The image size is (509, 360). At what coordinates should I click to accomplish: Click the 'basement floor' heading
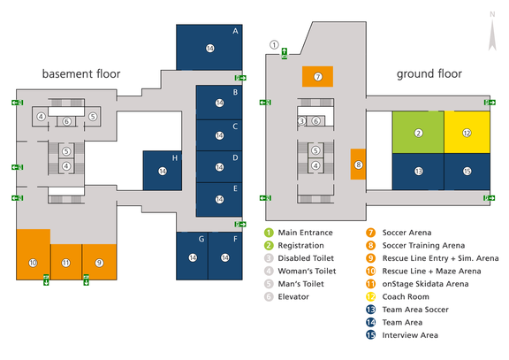pyautogui.click(x=80, y=74)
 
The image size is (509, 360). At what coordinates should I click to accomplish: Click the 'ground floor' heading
pyautogui.click(x=429, y=74)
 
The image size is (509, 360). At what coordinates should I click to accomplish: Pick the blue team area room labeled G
pyautogui.click(x=192, y=256)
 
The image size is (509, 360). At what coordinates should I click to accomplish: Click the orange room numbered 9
pyautogui.click(x=99, y=263)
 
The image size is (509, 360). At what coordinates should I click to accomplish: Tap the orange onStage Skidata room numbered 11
pyautogui.click(x=65, y=263)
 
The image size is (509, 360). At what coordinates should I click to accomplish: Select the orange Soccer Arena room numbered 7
pyautogui.click(x=317, y=77)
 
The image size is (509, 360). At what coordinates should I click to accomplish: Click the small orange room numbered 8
pyautogui.click(x=358, y=165)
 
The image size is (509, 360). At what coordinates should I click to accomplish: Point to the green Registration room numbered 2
pyautogui.click(x=418, y=133)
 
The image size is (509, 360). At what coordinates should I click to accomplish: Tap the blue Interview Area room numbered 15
pyautogui.click(x=467, y=170)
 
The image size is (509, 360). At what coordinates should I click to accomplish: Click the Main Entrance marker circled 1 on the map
pyautogui.click(x=274, y=44)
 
